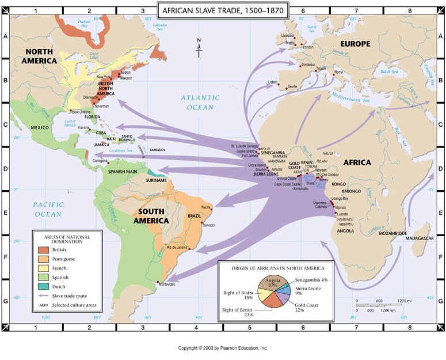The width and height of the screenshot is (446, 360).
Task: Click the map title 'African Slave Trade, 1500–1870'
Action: click(223, 10)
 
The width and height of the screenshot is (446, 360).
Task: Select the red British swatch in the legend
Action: click(43, 250)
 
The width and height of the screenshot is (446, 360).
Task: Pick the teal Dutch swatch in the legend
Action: click(43, 286)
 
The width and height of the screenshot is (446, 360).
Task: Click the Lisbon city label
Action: click(274, 82)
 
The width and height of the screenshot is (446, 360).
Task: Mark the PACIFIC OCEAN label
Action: click(47, 209)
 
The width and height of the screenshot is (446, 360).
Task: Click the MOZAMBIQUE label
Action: click(390, 233)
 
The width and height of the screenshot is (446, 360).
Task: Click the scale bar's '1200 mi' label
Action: click(405, 301)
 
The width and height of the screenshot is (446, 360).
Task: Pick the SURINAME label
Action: click(156, 180)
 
